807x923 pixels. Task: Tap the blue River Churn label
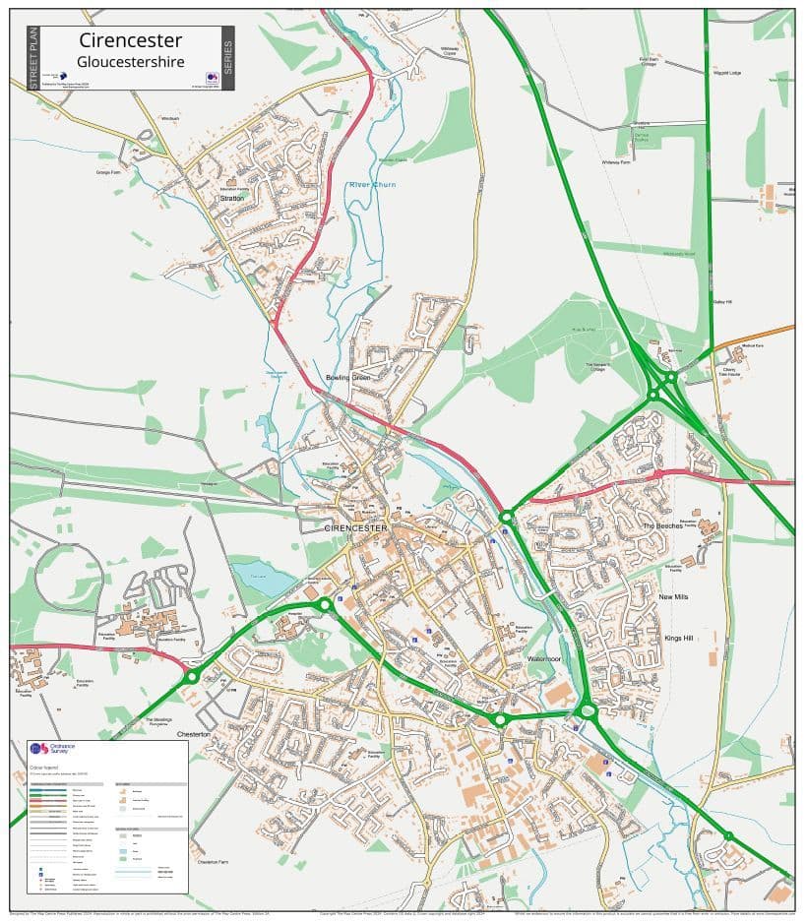point(371,185)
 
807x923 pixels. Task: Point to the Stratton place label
point(232,198)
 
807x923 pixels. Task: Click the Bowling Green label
point(347,378)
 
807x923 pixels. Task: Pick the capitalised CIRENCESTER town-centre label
point(356,528)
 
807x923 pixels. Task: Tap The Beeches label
point(663,526)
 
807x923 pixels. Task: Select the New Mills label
point(673,597)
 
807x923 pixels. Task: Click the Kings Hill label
point(678,639)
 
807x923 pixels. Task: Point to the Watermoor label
point(542,658)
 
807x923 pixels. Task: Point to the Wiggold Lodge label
point(727,73)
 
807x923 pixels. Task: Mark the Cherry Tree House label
point(729,373)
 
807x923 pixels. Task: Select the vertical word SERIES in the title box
point(227,58)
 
